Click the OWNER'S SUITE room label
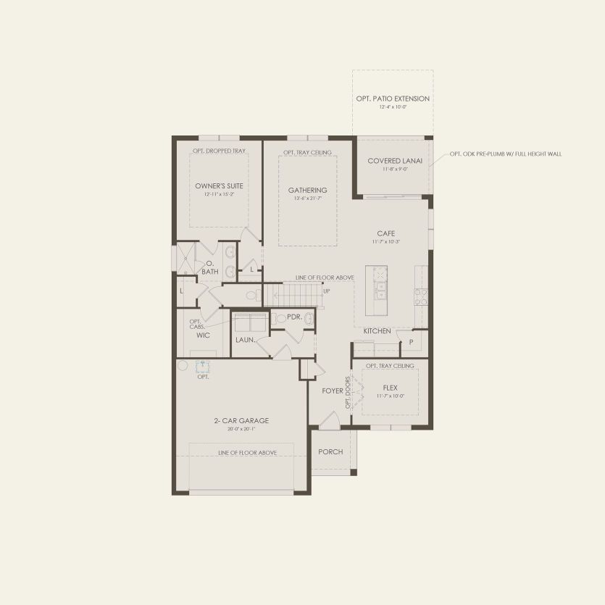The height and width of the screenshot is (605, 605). (219, 186)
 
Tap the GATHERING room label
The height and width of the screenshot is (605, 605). (307, 191)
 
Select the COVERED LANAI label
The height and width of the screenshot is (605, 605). (394, 161)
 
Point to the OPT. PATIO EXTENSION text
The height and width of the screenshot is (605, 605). (393, 99)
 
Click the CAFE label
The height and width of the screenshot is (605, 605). (385, 233)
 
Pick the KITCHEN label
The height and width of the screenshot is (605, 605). (377, 331)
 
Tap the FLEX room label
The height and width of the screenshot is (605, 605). (391, 388)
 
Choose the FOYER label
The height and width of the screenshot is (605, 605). (333, 391)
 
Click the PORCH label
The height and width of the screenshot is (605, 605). (330, 451)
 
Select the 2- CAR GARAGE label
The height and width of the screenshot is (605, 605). (241, 420)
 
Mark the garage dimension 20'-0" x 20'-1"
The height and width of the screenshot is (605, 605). (241, 429)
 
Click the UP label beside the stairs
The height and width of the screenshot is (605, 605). (327, 291)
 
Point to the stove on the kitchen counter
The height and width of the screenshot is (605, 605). (420, 296)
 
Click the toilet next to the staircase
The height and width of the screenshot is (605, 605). (252, 295)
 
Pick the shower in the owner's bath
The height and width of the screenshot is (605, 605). (186, 256)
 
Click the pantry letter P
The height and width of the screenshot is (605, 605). (411, 341)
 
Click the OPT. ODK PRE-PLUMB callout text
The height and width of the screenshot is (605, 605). (505, 154)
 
